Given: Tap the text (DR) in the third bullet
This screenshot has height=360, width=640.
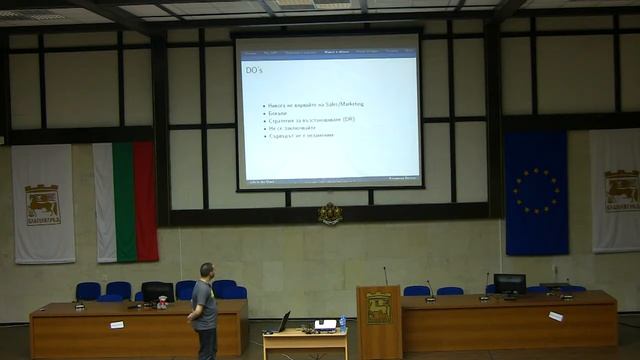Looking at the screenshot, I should pos(348,119).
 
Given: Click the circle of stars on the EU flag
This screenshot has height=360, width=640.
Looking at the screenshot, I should pos(537,190).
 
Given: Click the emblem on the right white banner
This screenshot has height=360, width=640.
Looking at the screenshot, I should pos(621,189).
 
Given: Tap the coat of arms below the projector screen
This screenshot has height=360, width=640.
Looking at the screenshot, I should pos(330,213).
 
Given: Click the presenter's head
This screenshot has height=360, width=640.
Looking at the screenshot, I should pos(206,271).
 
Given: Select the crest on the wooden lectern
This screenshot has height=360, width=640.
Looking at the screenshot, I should pos(379,308).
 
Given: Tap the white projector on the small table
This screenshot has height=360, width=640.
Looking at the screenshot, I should pos(325,325).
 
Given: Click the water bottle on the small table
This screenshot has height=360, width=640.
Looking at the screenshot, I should pos(342,324).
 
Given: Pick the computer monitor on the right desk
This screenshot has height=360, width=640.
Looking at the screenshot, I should pos(509,284).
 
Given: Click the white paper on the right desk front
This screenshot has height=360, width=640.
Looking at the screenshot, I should pos(556,316).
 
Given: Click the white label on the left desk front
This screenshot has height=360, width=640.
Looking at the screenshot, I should pos(117,324).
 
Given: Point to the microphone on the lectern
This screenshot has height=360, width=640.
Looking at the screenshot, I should pos(386,275).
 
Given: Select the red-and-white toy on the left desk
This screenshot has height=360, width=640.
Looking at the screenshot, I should pos(162,300).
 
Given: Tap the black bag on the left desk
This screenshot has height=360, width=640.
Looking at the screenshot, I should pos(157,291).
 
